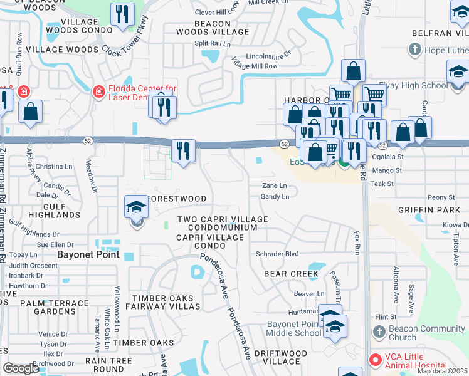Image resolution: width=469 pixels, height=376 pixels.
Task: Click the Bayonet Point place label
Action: [85, 254]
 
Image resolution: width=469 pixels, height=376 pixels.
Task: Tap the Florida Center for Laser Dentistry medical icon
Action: [98, 93]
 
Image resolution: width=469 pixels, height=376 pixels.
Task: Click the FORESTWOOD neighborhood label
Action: [176, 199]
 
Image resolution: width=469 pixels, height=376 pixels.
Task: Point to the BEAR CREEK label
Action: [291, 274]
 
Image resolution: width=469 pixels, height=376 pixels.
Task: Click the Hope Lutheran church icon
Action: [414, 49]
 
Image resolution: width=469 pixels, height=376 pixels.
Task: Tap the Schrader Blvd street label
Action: [277, 254]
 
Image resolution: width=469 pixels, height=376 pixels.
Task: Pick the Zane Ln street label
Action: [274, 185]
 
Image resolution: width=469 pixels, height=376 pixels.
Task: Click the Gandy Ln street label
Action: [275, 197]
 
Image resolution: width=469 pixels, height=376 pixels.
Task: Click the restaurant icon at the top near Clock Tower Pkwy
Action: [122, 14]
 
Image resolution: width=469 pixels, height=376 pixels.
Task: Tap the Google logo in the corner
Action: [21, 368]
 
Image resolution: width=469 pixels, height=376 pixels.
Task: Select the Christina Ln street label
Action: [54, 167]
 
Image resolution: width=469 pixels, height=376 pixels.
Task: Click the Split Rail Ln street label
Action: [213, 44]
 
